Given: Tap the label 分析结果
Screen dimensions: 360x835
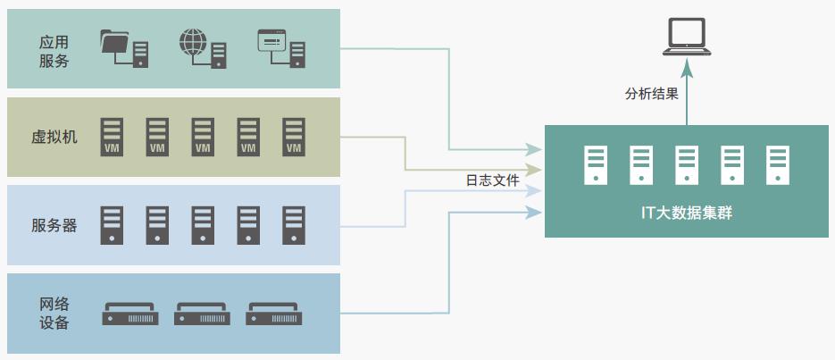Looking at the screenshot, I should (x=651, y=92).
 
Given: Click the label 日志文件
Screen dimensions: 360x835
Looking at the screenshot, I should (x=492, y=180).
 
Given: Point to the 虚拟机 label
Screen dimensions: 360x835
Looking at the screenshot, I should (x=54, y=137).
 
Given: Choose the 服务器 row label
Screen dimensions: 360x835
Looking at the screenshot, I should (x=54, y=225).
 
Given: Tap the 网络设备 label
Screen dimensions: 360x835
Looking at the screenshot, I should (x=54, y=313).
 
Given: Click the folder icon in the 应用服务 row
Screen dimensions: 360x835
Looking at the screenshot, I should (x=123, y=48).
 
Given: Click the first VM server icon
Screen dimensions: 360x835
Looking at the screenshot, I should (x=112, y=137).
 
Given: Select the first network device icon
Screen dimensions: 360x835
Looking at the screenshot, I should (x=130, y=314).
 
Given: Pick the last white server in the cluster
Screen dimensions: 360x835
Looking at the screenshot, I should (x=778, y=164).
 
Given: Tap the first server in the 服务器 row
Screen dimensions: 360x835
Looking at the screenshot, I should (x=112, y=225).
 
